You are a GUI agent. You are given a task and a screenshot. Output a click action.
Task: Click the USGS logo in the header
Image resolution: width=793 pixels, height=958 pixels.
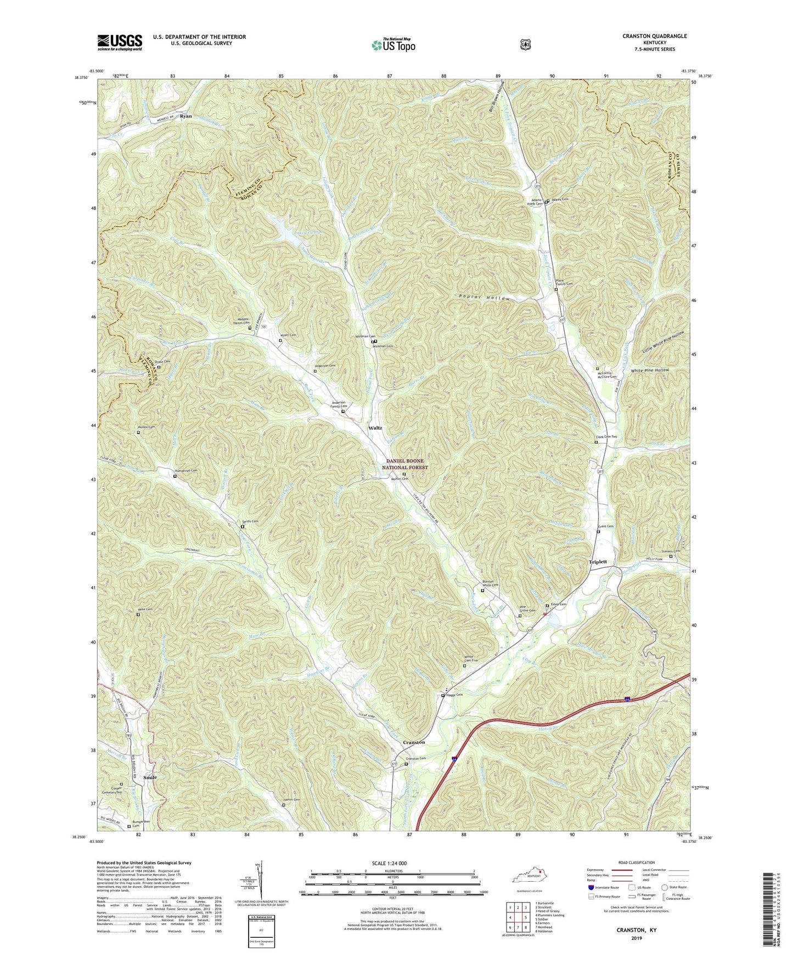pyautogui.click(x=120, y=42)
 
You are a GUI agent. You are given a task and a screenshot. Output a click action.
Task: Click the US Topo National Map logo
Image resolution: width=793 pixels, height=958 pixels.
pyautogui.click(x=393, y=44)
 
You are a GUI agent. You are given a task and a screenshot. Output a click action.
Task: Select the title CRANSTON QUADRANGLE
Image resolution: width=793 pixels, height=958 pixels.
pyautogui.click(x=654, y=36)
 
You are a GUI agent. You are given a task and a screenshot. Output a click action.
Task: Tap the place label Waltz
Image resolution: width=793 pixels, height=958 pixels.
pyautogui.click(x=375, y=428)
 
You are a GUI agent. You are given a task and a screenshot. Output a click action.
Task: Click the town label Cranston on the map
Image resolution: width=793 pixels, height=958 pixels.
pyautogui.click(x=414, y=742)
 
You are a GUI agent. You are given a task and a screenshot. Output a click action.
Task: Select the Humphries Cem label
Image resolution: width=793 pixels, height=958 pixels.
pyautogui.click(x=185, y=471)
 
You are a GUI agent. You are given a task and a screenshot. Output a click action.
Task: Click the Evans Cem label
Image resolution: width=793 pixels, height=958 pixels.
pyautogui.click(x=605, y=526)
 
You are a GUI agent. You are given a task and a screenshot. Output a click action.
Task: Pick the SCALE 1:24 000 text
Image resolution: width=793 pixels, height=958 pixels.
pyautogui.click(x=392, y=864)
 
